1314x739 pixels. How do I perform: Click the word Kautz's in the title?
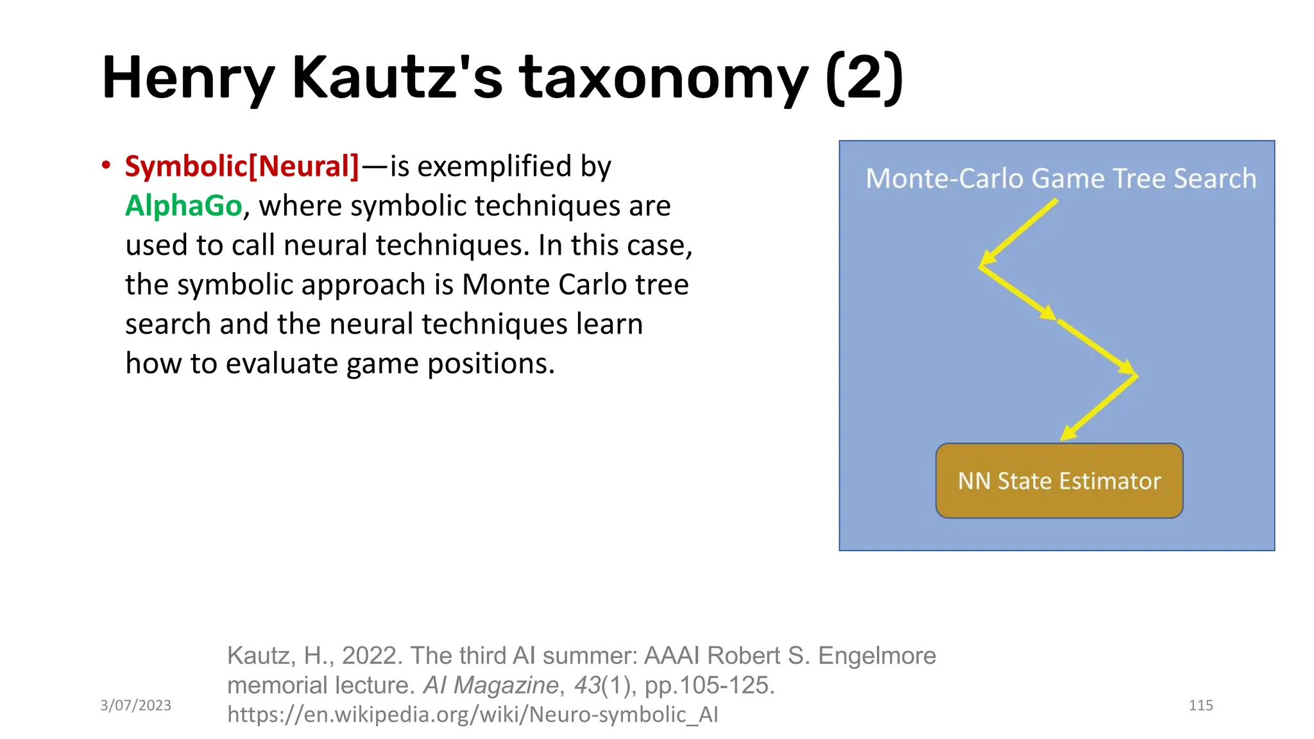397,78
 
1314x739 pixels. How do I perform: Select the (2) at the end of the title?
864,78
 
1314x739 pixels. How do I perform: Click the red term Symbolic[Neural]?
242,166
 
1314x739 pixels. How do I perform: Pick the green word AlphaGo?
183,206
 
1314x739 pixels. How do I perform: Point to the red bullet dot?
106,166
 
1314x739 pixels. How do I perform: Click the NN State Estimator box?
1059,480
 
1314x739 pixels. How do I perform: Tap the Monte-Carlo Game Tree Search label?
1061,178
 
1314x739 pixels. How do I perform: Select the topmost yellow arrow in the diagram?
1019,232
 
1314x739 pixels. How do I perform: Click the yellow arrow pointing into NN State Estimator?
1098,408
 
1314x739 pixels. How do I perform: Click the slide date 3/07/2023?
135,705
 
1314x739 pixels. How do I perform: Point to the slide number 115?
1200,705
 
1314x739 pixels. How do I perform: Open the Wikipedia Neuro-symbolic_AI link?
472,714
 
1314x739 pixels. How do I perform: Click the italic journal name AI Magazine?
490,685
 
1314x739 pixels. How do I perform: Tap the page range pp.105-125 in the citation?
709,685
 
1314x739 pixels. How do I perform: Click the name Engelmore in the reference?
876,656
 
